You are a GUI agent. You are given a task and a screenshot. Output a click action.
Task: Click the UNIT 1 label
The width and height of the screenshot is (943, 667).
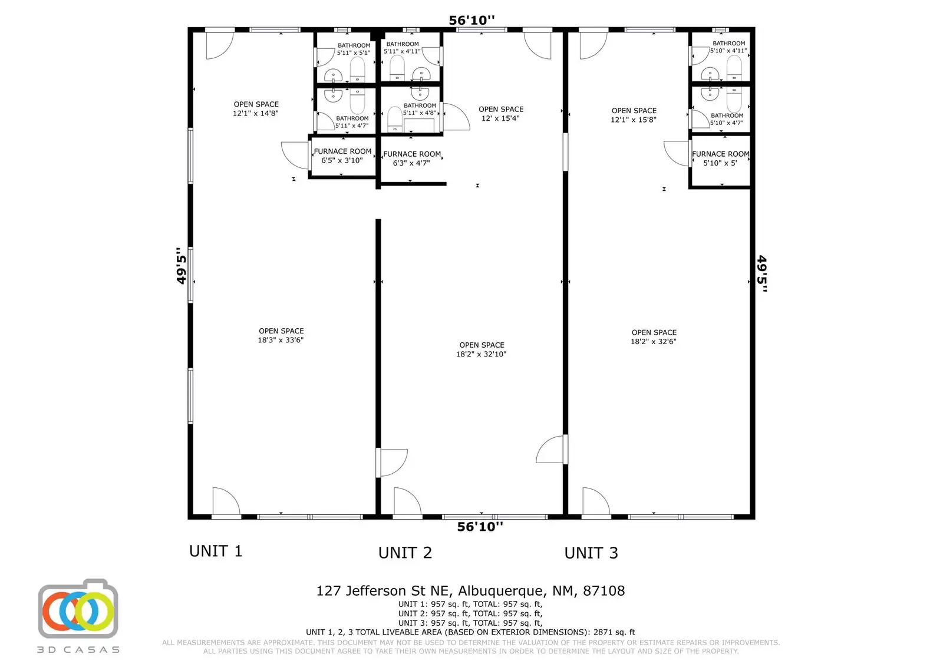[216, 552]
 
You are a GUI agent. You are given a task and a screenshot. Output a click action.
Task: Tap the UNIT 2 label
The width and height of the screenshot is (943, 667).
[405, 553]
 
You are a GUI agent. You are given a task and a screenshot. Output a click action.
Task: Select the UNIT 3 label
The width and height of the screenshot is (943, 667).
[591, 553]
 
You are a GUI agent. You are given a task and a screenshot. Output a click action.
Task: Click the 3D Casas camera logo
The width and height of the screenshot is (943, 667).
[78, 609]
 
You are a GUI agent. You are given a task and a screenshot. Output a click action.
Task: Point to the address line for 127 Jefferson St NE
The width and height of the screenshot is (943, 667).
[470, 591]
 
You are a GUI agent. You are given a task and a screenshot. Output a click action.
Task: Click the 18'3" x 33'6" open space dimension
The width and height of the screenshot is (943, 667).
[281, 340]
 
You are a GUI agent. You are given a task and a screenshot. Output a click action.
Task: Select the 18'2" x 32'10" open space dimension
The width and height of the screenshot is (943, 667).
[481, 354]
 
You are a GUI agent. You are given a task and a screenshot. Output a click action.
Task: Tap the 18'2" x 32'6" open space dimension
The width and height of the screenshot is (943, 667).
[654, 341]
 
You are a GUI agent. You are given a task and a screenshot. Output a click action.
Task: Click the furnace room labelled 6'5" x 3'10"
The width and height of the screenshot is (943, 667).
[342, 156]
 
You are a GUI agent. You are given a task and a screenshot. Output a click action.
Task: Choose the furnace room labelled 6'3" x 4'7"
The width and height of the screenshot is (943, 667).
[411, 159]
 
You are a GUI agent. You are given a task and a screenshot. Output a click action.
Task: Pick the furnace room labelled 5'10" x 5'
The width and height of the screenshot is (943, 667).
[720, 159]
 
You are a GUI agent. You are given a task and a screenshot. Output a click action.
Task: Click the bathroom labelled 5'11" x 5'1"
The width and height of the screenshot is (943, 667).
[354, 49]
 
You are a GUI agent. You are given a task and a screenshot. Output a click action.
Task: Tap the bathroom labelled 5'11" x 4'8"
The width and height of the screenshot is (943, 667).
[420, 110]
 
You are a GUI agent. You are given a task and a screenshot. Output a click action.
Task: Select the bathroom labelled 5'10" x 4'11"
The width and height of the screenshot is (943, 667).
[728, 47]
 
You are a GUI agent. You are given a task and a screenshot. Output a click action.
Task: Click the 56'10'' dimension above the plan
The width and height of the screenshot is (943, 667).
[471, 21]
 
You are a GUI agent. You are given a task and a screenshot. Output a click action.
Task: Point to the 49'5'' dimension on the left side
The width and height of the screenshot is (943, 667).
[182, 266]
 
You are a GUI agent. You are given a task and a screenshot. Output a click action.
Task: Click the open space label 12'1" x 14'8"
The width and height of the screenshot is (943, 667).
[256, 109]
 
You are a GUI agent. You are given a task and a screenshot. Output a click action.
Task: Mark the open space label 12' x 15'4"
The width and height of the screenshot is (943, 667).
[500, 114]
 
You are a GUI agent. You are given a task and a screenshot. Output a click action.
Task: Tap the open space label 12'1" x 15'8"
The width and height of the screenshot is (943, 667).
[634, 115]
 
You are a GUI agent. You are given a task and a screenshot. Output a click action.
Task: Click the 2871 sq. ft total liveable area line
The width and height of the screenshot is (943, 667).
[470, 632]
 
